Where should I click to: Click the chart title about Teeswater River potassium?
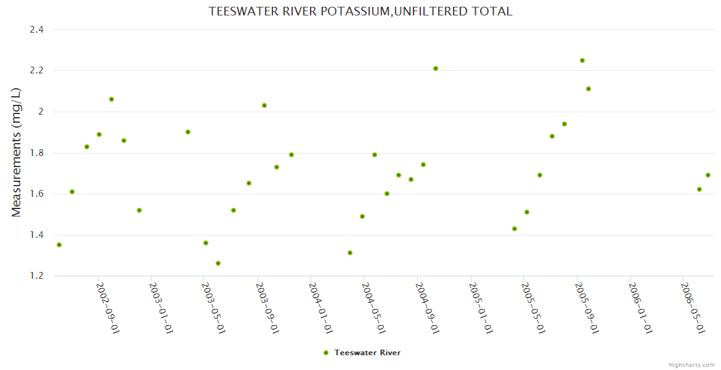tap(360, 12)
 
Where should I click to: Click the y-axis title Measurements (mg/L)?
tap(17, 152)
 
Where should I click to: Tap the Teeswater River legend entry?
tap(367, 353)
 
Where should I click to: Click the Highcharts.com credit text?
tap(691, 364)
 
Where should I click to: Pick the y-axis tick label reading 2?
tap(41, 112)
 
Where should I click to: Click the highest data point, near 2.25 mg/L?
tap(582, 60)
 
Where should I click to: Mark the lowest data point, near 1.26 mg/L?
tap(218, 263)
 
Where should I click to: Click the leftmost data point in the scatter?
tap(59, 245)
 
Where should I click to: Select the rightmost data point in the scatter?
tap(708, 175)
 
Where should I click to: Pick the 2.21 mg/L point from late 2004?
tap(436, 68)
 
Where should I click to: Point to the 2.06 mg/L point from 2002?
tap(112, 99)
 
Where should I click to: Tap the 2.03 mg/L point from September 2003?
tap(264, 105)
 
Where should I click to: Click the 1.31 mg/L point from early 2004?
tap(350, 253)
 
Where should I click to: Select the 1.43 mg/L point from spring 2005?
tap(515, 229)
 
